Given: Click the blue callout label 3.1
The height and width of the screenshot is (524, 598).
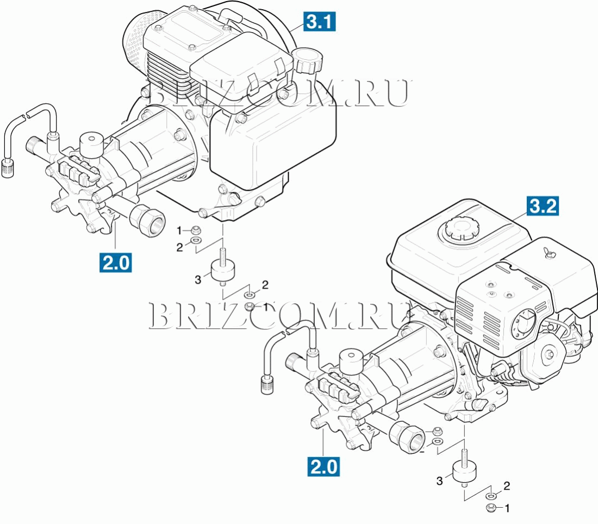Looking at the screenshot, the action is (x=320, y=21).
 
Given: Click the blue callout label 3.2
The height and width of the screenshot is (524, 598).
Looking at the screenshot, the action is (x=543, y=206).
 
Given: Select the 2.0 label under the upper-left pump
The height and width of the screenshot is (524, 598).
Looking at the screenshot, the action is (x=116, y=263).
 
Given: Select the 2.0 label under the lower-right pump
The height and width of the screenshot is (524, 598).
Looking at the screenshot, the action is (x=324, y=467).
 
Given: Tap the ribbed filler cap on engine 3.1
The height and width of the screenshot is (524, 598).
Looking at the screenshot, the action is (x=307, y=61).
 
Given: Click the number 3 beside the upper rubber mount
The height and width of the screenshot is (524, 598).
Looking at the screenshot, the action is (x=197, y=280).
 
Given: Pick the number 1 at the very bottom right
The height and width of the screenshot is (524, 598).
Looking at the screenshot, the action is (x=507, y=508).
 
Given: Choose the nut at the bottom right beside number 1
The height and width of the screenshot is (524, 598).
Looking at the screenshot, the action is (x=491, y=508).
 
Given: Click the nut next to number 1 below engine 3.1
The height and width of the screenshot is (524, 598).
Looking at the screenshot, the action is (x=196, y=230).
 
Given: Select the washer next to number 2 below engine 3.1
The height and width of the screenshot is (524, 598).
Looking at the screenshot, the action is (x=196, y=241).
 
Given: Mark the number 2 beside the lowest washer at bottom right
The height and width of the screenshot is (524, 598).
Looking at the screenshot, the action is (x=507, y=486).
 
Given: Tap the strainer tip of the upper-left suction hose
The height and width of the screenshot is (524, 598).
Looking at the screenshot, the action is (x=8, y=167).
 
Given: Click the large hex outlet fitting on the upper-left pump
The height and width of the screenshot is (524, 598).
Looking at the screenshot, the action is (x=147, y=219).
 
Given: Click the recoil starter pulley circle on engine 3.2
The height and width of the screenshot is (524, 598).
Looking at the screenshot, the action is (x=549, y=355).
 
